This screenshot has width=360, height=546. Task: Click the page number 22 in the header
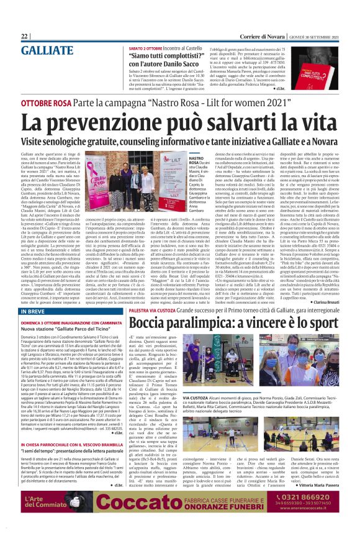tap(25, 37)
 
